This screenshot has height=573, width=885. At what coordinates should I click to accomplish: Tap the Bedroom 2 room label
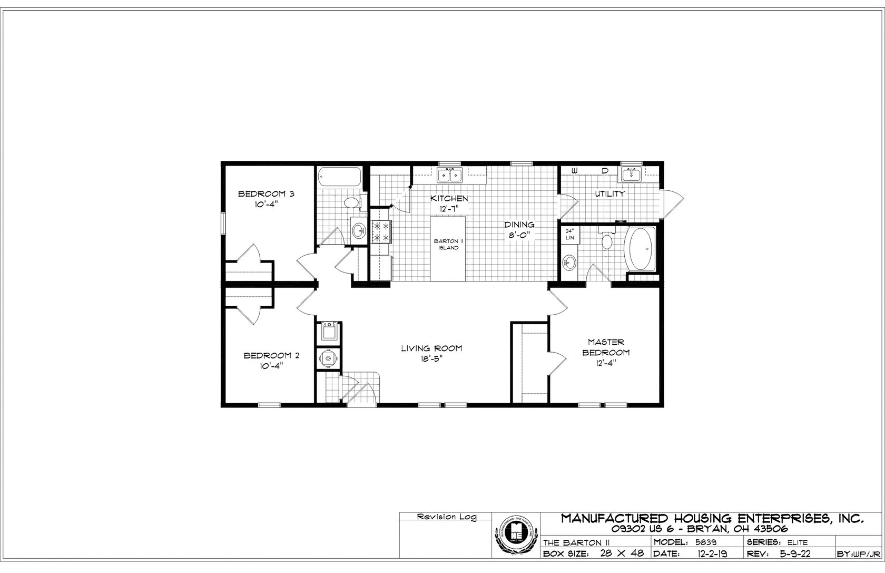coord(271,356)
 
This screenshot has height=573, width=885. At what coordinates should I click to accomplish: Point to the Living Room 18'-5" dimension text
coord(431,358)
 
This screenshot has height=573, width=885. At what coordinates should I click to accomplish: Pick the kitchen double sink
coord(449,174)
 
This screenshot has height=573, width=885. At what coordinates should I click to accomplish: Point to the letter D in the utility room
coord(605,171)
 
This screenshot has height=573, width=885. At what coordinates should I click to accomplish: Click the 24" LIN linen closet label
coord(569,235)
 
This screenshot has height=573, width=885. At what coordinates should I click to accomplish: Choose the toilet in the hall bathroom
coord(351,202)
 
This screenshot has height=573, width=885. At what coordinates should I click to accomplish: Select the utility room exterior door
coord(673,202)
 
